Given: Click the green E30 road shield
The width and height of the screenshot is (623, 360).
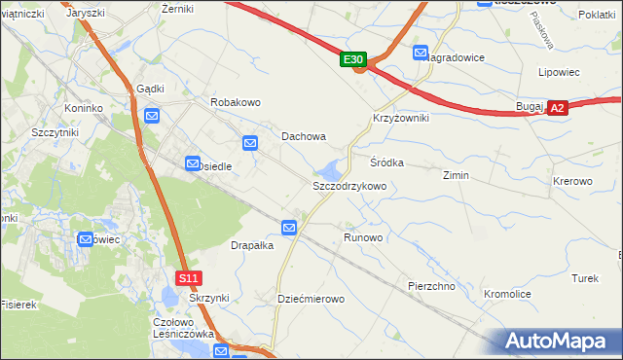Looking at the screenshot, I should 354,60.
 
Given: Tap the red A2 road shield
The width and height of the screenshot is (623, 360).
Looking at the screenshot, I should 557,109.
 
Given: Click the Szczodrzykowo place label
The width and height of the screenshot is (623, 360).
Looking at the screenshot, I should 349,185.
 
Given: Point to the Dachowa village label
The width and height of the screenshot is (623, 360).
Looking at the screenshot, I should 304,137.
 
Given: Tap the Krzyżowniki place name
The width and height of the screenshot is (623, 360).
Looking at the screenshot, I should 400,117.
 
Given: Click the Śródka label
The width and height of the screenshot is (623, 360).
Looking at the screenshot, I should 386,162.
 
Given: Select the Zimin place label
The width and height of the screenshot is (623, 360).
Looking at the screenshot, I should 456,175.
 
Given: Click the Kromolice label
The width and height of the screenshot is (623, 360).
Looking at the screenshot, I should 506,293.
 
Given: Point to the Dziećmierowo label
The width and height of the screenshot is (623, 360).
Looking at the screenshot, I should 311,299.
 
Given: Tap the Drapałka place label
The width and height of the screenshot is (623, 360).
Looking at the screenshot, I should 252,245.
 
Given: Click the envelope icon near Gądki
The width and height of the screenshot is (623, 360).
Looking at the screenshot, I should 152,116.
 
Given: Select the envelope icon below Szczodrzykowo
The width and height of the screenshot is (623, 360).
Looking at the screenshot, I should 289,228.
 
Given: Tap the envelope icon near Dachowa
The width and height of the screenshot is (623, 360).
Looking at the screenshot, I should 250,143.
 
